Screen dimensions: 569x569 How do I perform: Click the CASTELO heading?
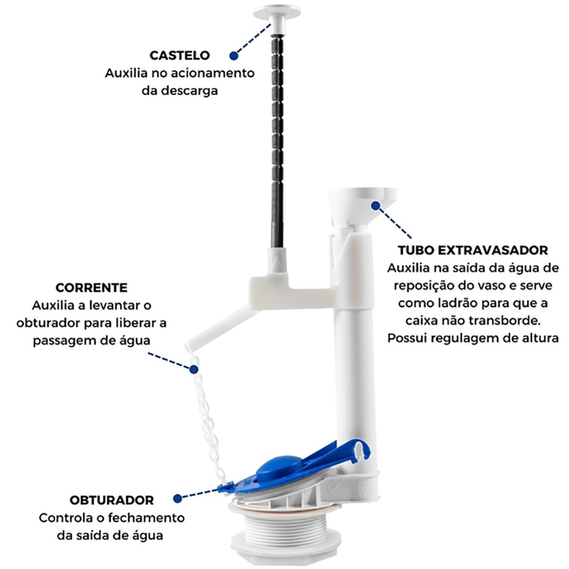[x=179, y=56]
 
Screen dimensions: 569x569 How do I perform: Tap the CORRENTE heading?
[x=92, y=288]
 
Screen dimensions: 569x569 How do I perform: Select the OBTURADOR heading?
[x=112, y=500]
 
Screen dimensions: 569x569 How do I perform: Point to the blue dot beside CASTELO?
[x=234, y=56]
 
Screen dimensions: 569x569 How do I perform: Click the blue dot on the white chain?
[x=194, y=370]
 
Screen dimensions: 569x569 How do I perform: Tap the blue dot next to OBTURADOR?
[x=177, y=498]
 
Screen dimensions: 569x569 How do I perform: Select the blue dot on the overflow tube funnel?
[x=376, y=206]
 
